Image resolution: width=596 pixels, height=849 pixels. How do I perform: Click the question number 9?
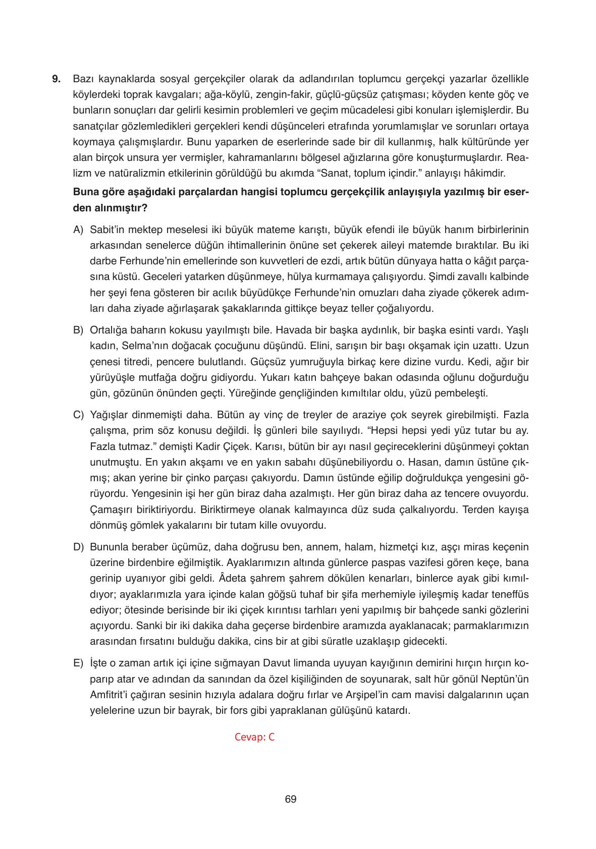(56, 79)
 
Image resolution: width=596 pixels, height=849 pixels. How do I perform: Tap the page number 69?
(290, 799)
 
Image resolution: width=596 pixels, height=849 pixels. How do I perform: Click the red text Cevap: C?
(254, 737)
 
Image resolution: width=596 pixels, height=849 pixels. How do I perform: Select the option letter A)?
(78, 230)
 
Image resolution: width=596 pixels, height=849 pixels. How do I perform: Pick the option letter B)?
(78, 330)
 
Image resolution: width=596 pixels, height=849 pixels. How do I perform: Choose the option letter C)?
(78, 415)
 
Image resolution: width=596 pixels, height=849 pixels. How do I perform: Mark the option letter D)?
(78, 547)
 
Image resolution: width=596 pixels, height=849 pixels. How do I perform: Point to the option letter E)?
(78, 663)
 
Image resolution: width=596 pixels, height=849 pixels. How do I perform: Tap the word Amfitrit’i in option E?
(111, 695)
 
